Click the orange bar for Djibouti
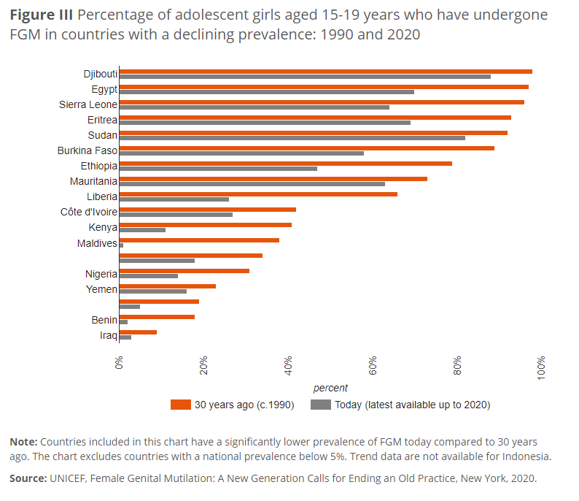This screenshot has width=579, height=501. click(x=325, y=72)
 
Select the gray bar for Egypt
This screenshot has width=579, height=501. click(x=267, y=92)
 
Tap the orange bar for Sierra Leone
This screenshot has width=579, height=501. click(x=322, y=102)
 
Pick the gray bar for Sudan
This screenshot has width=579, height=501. click(x=292, y=138)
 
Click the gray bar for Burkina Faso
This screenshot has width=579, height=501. click(x=241, y=153)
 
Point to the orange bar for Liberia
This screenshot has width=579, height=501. click(x=258, y=194)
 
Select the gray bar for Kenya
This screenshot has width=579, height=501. click(x=142, y=230)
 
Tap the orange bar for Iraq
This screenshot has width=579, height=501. click(x=138, y=332)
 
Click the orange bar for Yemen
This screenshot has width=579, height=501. click(x=167, y=286)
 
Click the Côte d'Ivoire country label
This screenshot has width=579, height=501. click(x=89, y=212)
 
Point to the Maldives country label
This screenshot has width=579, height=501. click(x=97, y=243)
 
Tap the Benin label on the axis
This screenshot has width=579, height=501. click(x=104, y=320)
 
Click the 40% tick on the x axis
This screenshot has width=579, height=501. click(x=289, y=364)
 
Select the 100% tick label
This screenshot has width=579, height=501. click(x=542, y=364)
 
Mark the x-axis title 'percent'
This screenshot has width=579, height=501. click(x=330, y=388)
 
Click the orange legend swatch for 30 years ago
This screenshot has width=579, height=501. click(x=180, y=405)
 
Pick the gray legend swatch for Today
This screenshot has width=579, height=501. click(x=321, y=405)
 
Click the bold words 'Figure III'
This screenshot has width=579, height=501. click(x=41, y=15)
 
